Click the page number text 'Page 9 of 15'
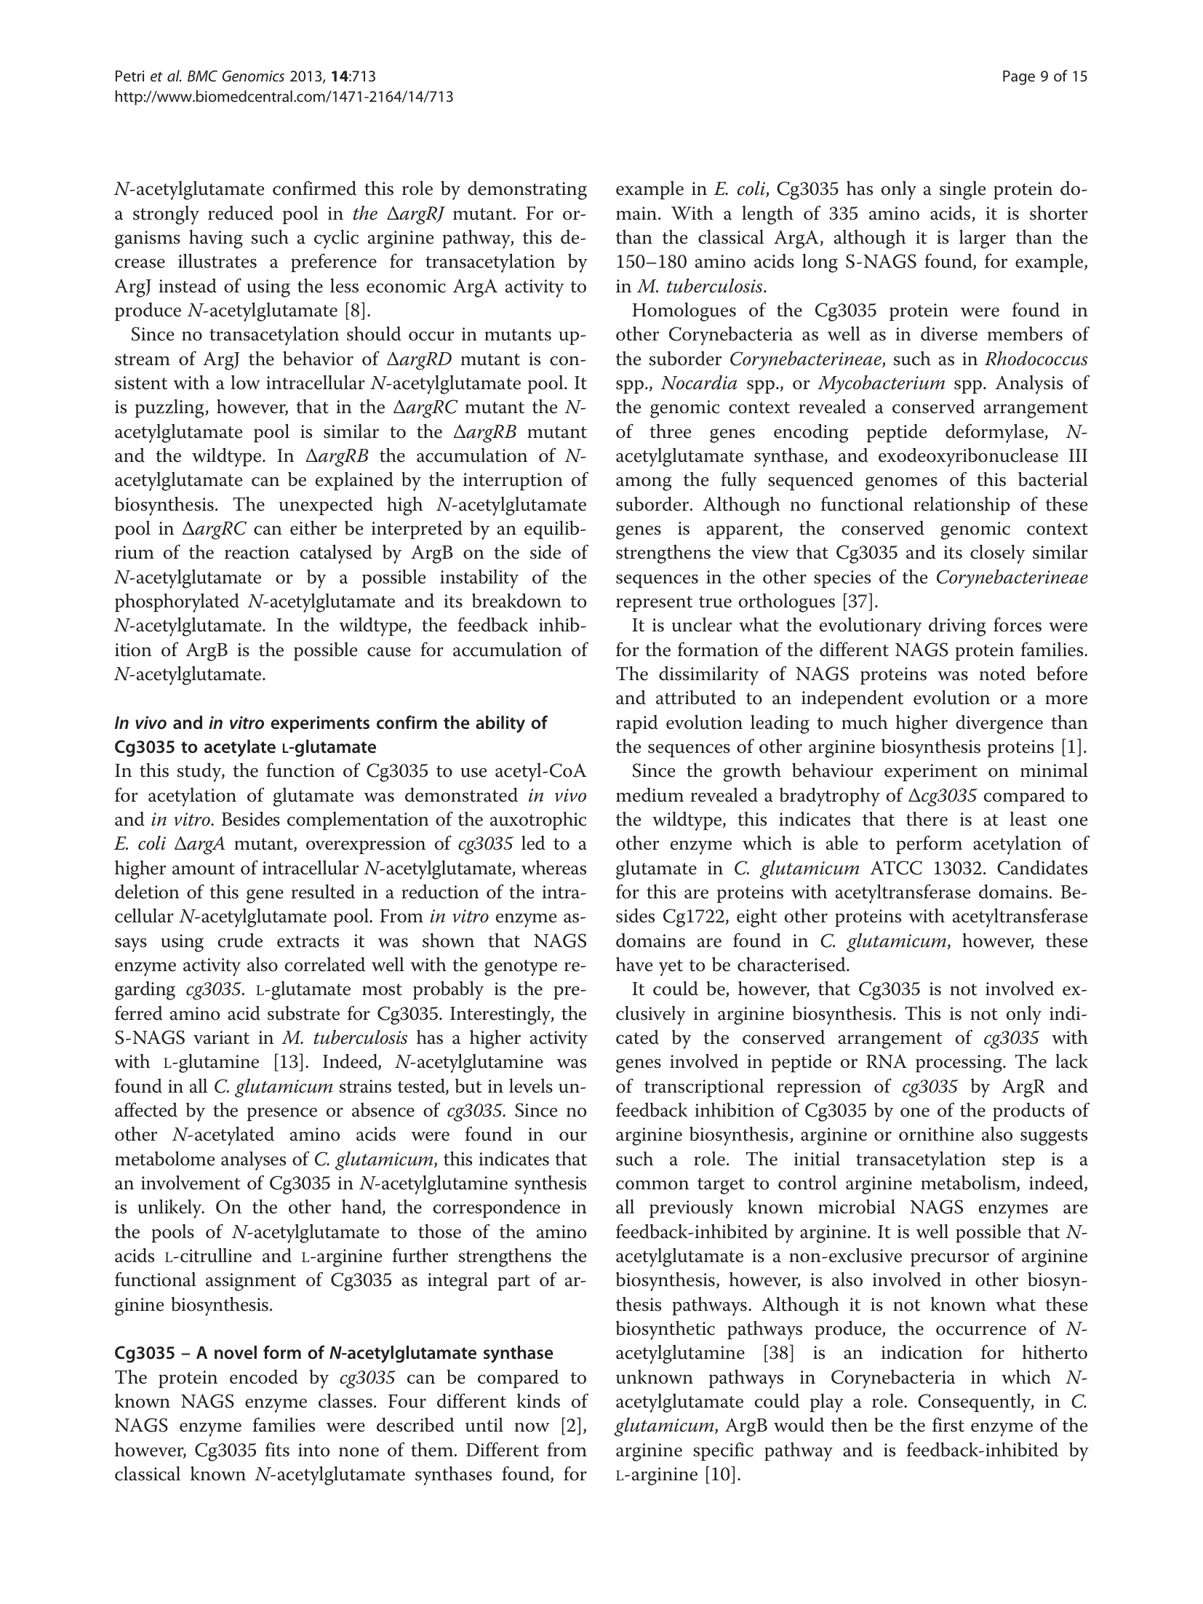point(1044,76)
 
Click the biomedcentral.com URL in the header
point(284,96)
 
